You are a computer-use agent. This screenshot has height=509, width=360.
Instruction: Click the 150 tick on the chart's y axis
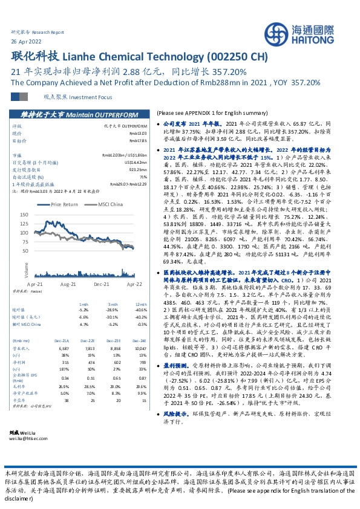(41, 215)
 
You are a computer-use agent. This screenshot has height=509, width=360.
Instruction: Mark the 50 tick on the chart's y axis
(42, 250)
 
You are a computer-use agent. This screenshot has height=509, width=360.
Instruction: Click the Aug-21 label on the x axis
(67, 282)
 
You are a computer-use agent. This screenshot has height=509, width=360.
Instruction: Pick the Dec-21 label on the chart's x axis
(101, 282)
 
